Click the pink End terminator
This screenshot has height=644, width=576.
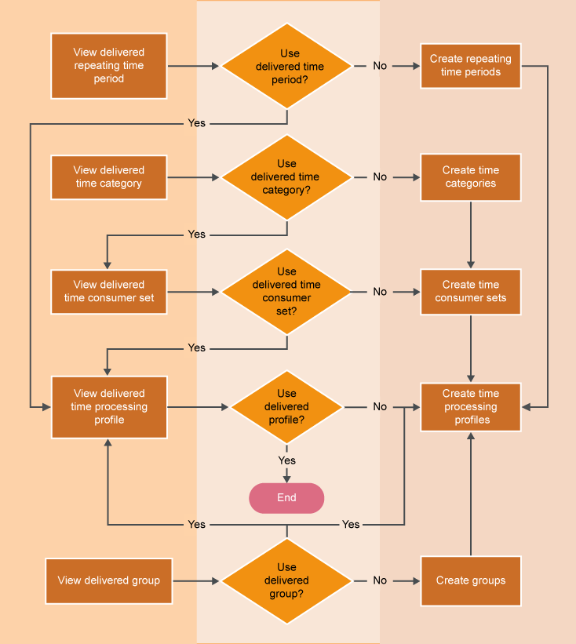coord(286,498)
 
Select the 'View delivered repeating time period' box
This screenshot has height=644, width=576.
coord(109,66)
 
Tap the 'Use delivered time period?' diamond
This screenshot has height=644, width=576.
coord(286,66)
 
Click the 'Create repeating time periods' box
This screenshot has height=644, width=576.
coord(471,66)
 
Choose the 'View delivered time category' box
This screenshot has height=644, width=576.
coord(109,177)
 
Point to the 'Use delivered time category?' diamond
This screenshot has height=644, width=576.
coord(286,177)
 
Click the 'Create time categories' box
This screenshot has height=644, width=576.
coord(471,177)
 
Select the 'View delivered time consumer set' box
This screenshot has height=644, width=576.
coord(109,292)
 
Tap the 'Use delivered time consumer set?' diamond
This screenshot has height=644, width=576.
coord(286,292)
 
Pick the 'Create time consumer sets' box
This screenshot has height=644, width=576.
coord(471,292)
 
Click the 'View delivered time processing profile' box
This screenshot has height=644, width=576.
coord(109,407)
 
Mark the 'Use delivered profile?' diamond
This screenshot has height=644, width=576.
coord(286,407)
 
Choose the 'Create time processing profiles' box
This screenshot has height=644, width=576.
coord(471,407)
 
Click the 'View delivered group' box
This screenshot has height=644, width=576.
coord(109,581)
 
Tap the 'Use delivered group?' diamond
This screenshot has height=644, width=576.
coord(286,581)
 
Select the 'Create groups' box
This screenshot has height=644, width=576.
coord(471,581)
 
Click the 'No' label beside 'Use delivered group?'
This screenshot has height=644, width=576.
coord(380,581)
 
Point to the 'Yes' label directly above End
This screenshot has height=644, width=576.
coord(287,460)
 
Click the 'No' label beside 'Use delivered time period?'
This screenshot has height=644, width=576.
coord(380,66)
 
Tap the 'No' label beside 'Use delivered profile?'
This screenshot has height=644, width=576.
coord(380,407)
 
